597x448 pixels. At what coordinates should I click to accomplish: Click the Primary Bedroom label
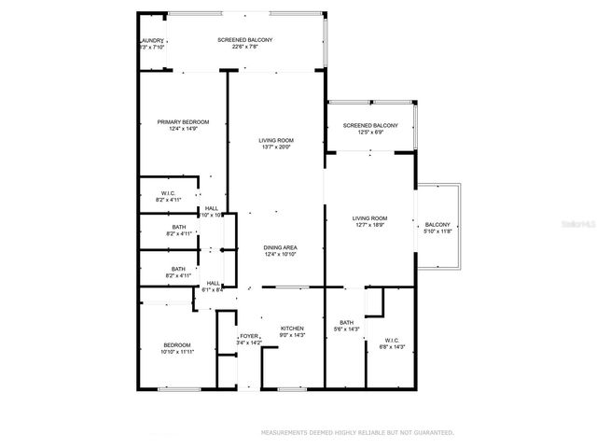[183, 122]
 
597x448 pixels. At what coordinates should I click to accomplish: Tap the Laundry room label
[152, 41]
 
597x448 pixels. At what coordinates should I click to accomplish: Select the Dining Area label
[280, 247]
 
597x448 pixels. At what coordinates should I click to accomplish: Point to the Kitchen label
[293, 329]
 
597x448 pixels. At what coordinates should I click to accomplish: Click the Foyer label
[249, 335]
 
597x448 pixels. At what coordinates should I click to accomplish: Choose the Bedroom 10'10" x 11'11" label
[177, 345]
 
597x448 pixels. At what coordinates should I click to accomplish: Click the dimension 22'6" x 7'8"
[244, 48]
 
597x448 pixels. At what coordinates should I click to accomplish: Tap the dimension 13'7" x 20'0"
[277, 147]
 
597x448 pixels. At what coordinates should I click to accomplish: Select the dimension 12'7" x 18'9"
[369, 226]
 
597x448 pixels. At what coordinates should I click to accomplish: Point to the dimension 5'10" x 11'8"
[437, 231]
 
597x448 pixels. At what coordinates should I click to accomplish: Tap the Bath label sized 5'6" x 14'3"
[346, 322]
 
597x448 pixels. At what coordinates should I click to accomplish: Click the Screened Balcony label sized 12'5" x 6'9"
[370, 125]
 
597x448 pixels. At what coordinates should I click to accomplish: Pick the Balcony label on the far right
[437, 224]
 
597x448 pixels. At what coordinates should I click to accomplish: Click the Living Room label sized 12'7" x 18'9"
[369, 218]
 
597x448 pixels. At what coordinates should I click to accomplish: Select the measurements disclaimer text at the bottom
[357, 433]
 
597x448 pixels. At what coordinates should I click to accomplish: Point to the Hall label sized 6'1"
[214, 283]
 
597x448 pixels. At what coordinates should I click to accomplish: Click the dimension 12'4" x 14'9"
[183, 130]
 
